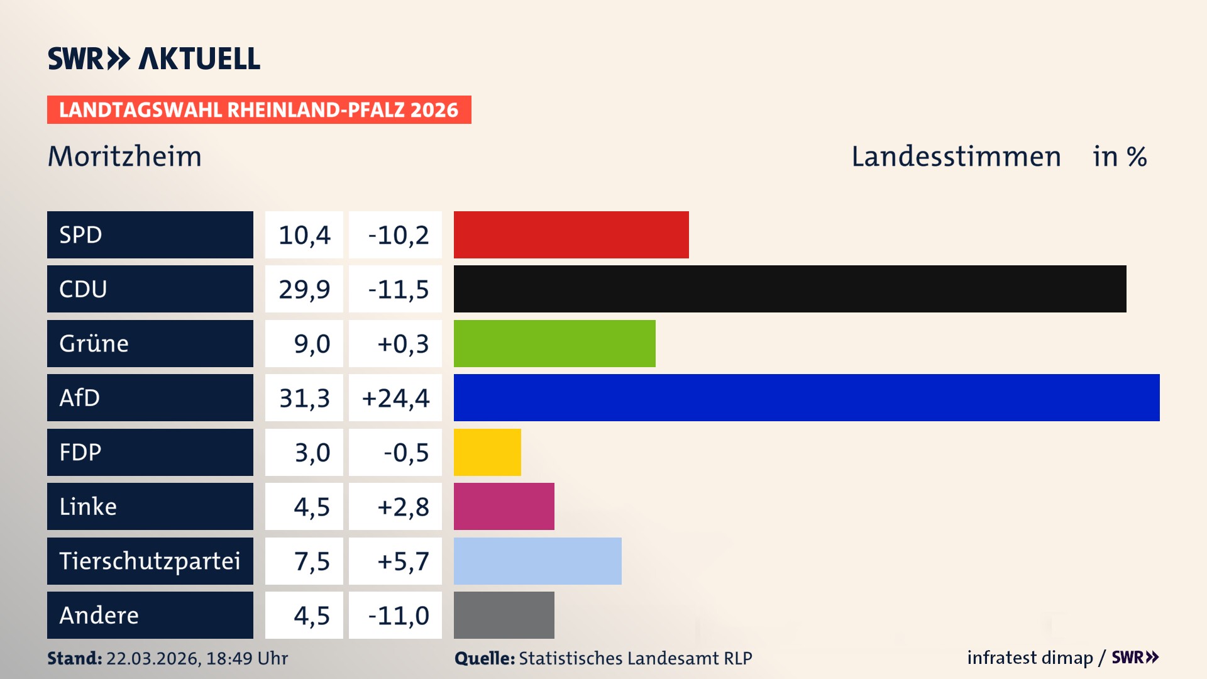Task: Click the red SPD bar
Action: [571, 235]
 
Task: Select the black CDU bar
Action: [790, 289]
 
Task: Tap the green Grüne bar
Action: [554, 343]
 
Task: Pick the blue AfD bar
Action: [806, 397]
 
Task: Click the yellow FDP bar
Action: [487, 452]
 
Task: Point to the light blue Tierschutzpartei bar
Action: [537, 561]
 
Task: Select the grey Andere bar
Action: [504, 615]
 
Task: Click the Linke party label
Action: [88, 506]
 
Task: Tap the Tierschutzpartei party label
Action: [150, 561]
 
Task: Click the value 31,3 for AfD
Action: [304, 398]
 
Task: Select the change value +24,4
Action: [395, 398]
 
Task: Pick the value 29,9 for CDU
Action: [304, 289]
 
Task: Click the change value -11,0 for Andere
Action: [399, 616]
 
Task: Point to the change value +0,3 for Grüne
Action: [403, 344]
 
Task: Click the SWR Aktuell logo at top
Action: [153, 58]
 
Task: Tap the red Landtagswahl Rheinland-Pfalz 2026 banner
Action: [258, 110]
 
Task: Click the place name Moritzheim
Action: [124, 157]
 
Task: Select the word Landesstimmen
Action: [956, 157]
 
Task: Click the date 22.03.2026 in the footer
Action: [153, 658]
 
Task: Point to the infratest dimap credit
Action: [1030, 658]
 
